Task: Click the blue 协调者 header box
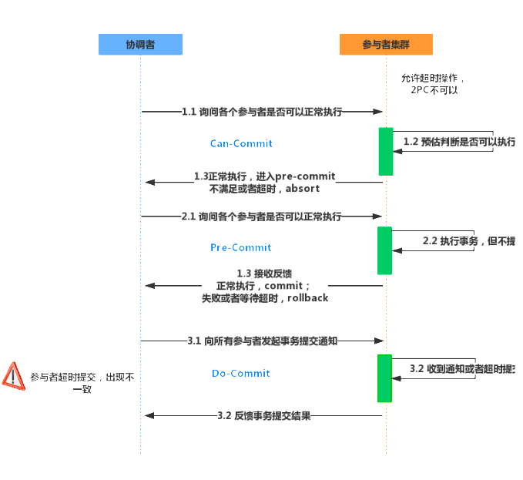[140, 45]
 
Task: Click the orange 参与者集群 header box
[385, 45]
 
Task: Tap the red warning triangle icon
[14, 375]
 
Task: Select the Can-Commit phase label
[241, 143]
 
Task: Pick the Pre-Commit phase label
[241, 247]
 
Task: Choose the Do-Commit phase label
[241, 373]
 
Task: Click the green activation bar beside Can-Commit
[385, 151]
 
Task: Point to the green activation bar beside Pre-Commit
[384, 250]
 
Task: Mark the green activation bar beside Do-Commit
[384, 378]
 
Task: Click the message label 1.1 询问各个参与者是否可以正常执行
[262, 112]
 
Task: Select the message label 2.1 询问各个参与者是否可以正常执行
[262, 217]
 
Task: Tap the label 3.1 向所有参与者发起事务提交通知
[262, 340]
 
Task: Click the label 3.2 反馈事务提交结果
[264, 415]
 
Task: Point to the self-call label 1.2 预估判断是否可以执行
[459, 142]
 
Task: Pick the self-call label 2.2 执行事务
[468, 240]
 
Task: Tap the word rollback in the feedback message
[307, 297]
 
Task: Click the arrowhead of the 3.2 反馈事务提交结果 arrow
[149, 415]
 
